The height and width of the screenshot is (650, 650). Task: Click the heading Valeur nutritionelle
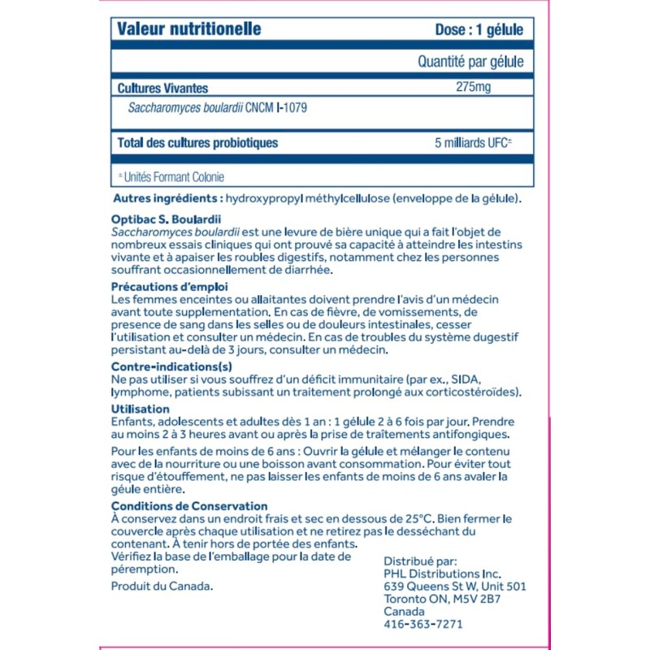click(189, 30)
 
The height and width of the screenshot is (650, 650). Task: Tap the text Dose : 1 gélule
click(479, 30)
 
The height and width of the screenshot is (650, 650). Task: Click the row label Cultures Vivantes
click(162, 88)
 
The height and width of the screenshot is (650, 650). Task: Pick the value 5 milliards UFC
click(474, 143)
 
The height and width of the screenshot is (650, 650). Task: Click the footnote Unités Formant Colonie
click(174, 176)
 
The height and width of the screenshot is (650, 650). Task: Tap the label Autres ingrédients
click(167, 199)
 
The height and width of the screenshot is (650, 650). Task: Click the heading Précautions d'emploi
click(169, 288)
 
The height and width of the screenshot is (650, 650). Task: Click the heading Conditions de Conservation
click(189, 506)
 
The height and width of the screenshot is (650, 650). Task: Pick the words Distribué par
click(420, 560)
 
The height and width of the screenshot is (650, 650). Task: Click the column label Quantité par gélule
click(470, 62)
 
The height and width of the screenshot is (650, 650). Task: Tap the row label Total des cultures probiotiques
click(197, 143)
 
